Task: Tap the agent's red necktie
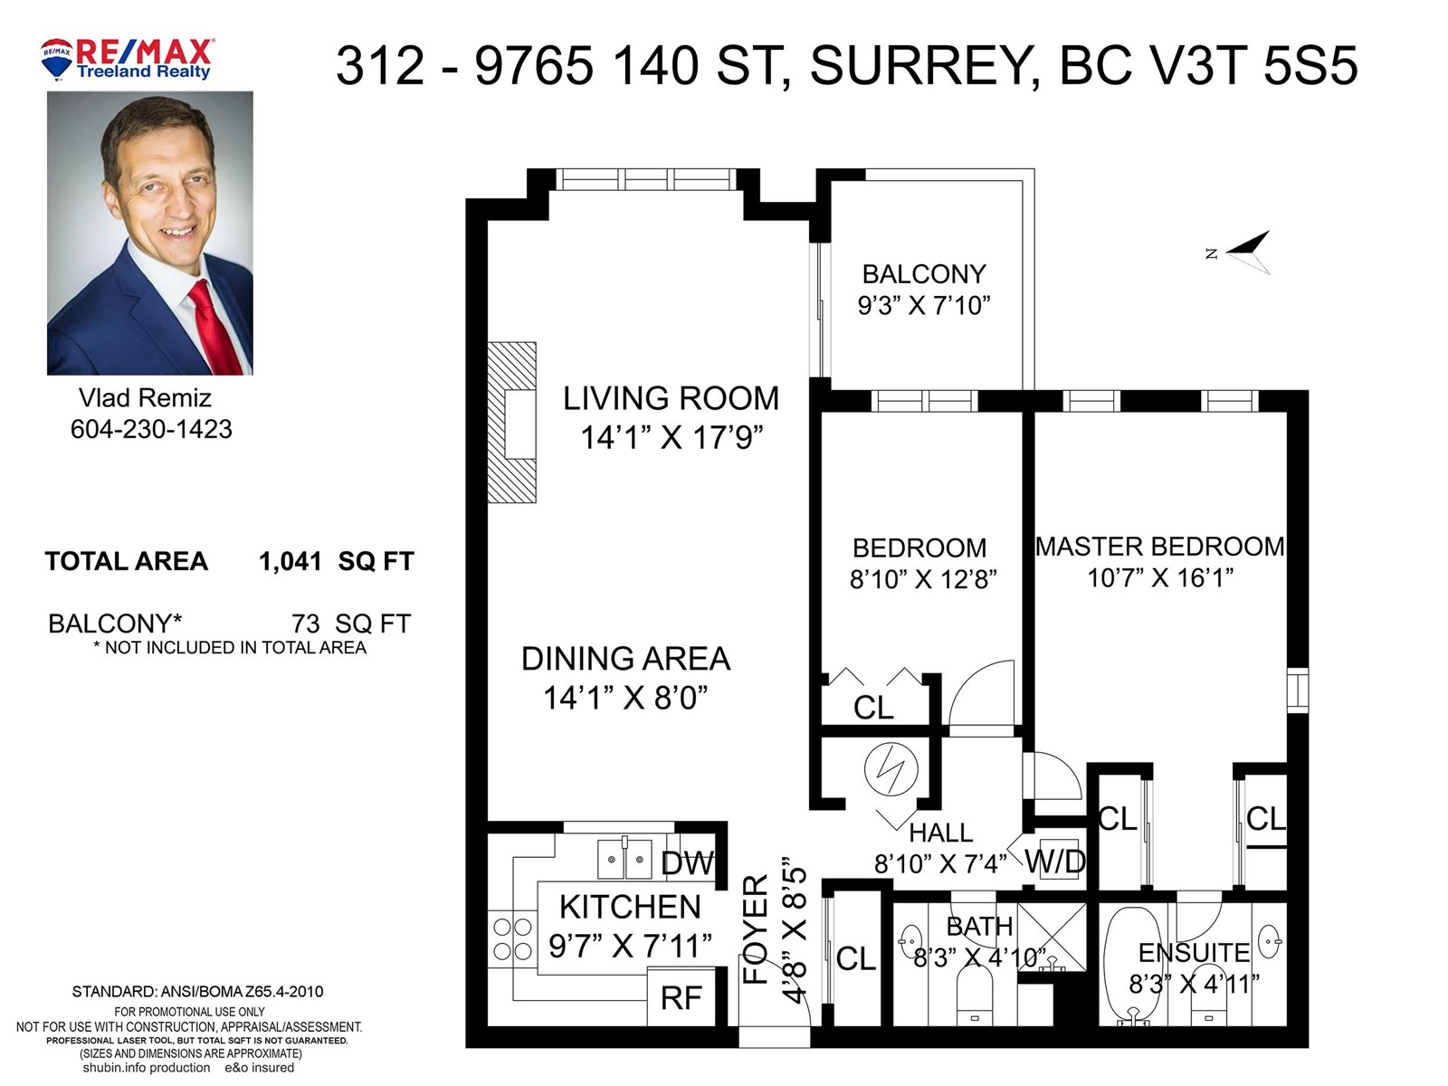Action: coord(214,327)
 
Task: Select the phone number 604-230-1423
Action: coord(151,429)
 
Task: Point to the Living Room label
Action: coord(671,398)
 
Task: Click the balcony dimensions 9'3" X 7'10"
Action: coord(924,305)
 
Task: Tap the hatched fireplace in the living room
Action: coord(512,423)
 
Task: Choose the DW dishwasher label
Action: coord(688,863)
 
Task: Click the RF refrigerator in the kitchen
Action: coord(681,997)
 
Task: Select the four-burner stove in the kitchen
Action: coord(512,939)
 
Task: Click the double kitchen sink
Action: coord(624,859)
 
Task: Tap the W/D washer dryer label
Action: coord(1055,862)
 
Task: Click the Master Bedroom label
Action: coord(1159,547)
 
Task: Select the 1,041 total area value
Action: coord(291,562)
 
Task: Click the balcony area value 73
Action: coord(306,624)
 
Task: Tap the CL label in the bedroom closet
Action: coord(873,708)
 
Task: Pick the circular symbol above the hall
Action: coord(891,768)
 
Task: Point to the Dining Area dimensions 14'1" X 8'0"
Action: coord(625,697)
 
